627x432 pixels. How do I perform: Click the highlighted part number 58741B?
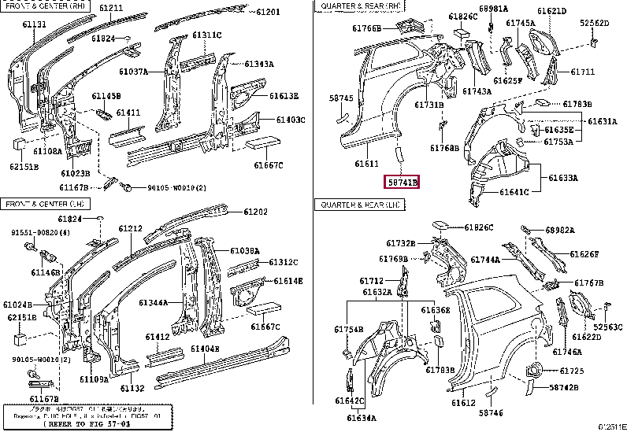403,182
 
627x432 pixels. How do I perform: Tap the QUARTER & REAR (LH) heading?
361,205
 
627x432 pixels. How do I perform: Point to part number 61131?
34,25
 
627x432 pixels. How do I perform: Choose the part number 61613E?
284,96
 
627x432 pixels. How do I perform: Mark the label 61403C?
289,120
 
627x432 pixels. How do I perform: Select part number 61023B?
76,172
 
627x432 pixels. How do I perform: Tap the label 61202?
255,212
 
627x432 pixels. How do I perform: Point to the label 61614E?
287,281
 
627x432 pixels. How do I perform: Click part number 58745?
341,98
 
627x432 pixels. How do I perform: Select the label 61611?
367,164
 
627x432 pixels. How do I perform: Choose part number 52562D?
595,23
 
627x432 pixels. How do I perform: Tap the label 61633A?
563,178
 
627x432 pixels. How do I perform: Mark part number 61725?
572,370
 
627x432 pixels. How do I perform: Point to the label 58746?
491,413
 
